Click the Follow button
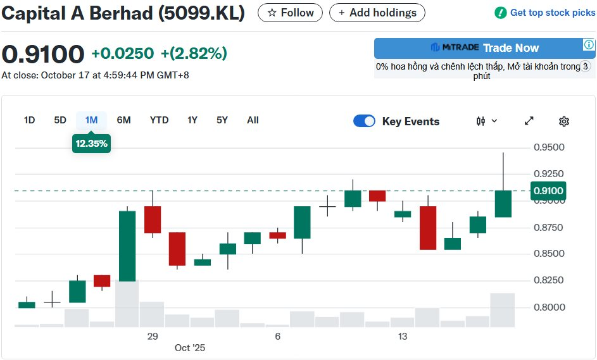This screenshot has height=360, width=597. (x=291, y=13)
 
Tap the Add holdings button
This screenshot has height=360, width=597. (x=377, y=13)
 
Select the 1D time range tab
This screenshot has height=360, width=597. (x=29, y=120)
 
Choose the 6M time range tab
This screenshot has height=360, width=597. (x=123, y=120)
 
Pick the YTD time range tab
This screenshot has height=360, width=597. (x=159, y=120)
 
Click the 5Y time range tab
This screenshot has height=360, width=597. (x=222, y=120)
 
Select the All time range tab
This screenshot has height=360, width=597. (x=253, y=120)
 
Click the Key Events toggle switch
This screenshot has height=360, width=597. (x=364, y=121)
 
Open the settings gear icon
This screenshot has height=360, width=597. (x=564, y=121)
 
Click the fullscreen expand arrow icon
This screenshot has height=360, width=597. (x=529, y=121)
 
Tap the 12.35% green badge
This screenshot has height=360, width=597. (x=92, y=144)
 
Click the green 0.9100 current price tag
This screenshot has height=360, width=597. (x=548, y=190)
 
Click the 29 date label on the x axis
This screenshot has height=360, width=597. (x=152, y=337)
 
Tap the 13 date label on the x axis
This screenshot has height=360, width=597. (x=403, y=337)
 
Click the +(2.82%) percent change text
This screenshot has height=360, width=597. (x=194, y=54)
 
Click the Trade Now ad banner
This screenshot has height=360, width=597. (x=484, y=48)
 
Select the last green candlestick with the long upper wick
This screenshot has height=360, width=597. (x=503, y=203)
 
